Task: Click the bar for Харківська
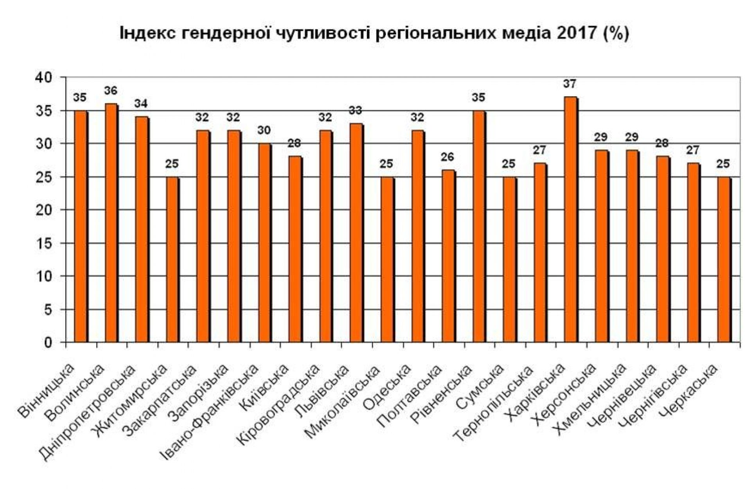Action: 571,219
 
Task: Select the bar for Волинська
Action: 111,223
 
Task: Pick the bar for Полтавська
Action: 448,256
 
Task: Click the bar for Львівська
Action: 356,233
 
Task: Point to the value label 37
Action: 570,84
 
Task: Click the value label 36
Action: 111,91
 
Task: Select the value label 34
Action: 141,104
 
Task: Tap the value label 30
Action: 264,130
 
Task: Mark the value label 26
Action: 447,157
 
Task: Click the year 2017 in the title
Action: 575,33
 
